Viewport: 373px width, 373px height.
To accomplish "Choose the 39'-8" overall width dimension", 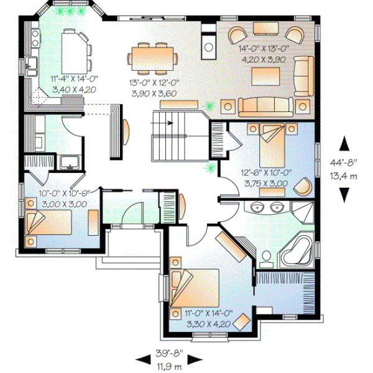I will [168, 356].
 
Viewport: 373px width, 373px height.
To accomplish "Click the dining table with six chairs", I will [152, 56].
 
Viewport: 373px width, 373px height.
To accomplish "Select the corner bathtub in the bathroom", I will [295, 249].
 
